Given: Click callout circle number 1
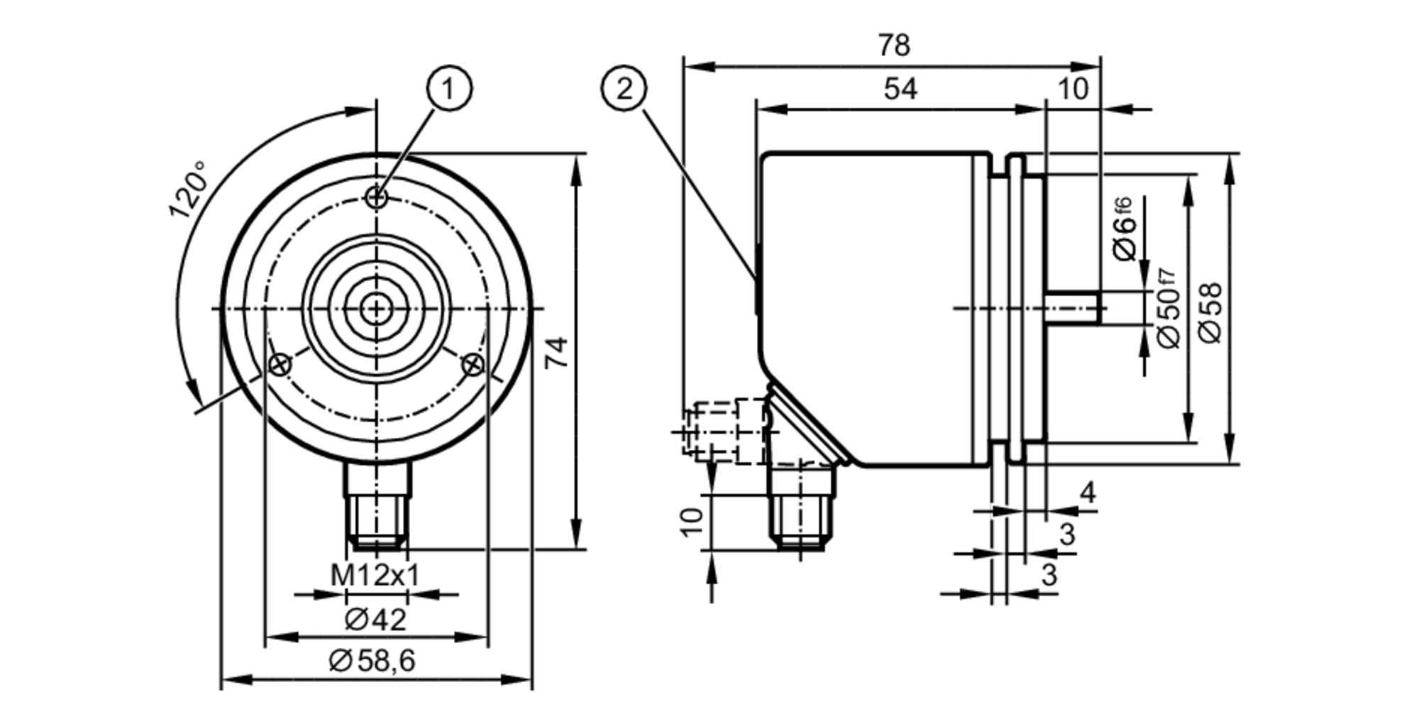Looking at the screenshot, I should pyautogui.click(x=448, y=89).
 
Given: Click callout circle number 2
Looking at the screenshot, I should pyautogui.click(x=624, y=89).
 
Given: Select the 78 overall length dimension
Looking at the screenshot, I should pyautogui.click(x=893, y=46).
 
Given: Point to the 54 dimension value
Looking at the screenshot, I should pyautogui.click(x=900, y=89).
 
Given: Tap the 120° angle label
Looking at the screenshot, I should pyautogui.click(x=189, y=190).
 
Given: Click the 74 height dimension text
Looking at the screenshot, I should pyautogui.click(x=557, y=353).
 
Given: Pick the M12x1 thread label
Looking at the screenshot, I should pyautogui.click(x=375, y=576).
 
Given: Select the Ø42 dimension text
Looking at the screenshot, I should pyautogui.click(x=375, y=620).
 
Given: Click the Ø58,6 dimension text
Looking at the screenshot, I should pyautogui.click(x=372, y=661).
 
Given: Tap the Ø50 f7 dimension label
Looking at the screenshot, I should pyautogui.click(x=1168, y=309).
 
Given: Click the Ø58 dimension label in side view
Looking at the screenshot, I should pyautogui.click(x=1212, y=312).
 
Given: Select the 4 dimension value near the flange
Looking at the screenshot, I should pyautogui.click(x=1087, y=492).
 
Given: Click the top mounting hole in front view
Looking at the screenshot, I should pyautogui.click(x=377, y=197).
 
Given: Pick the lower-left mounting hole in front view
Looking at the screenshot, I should pyautogui.click(x=280, y=365).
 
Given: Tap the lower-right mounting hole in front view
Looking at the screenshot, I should pyautogui.click(x=473, y=365).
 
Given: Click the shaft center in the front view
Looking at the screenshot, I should pyautogui.click(x=377, y=309).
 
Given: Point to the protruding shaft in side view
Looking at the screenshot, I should pyautogui.click(x=1073, y=309).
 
